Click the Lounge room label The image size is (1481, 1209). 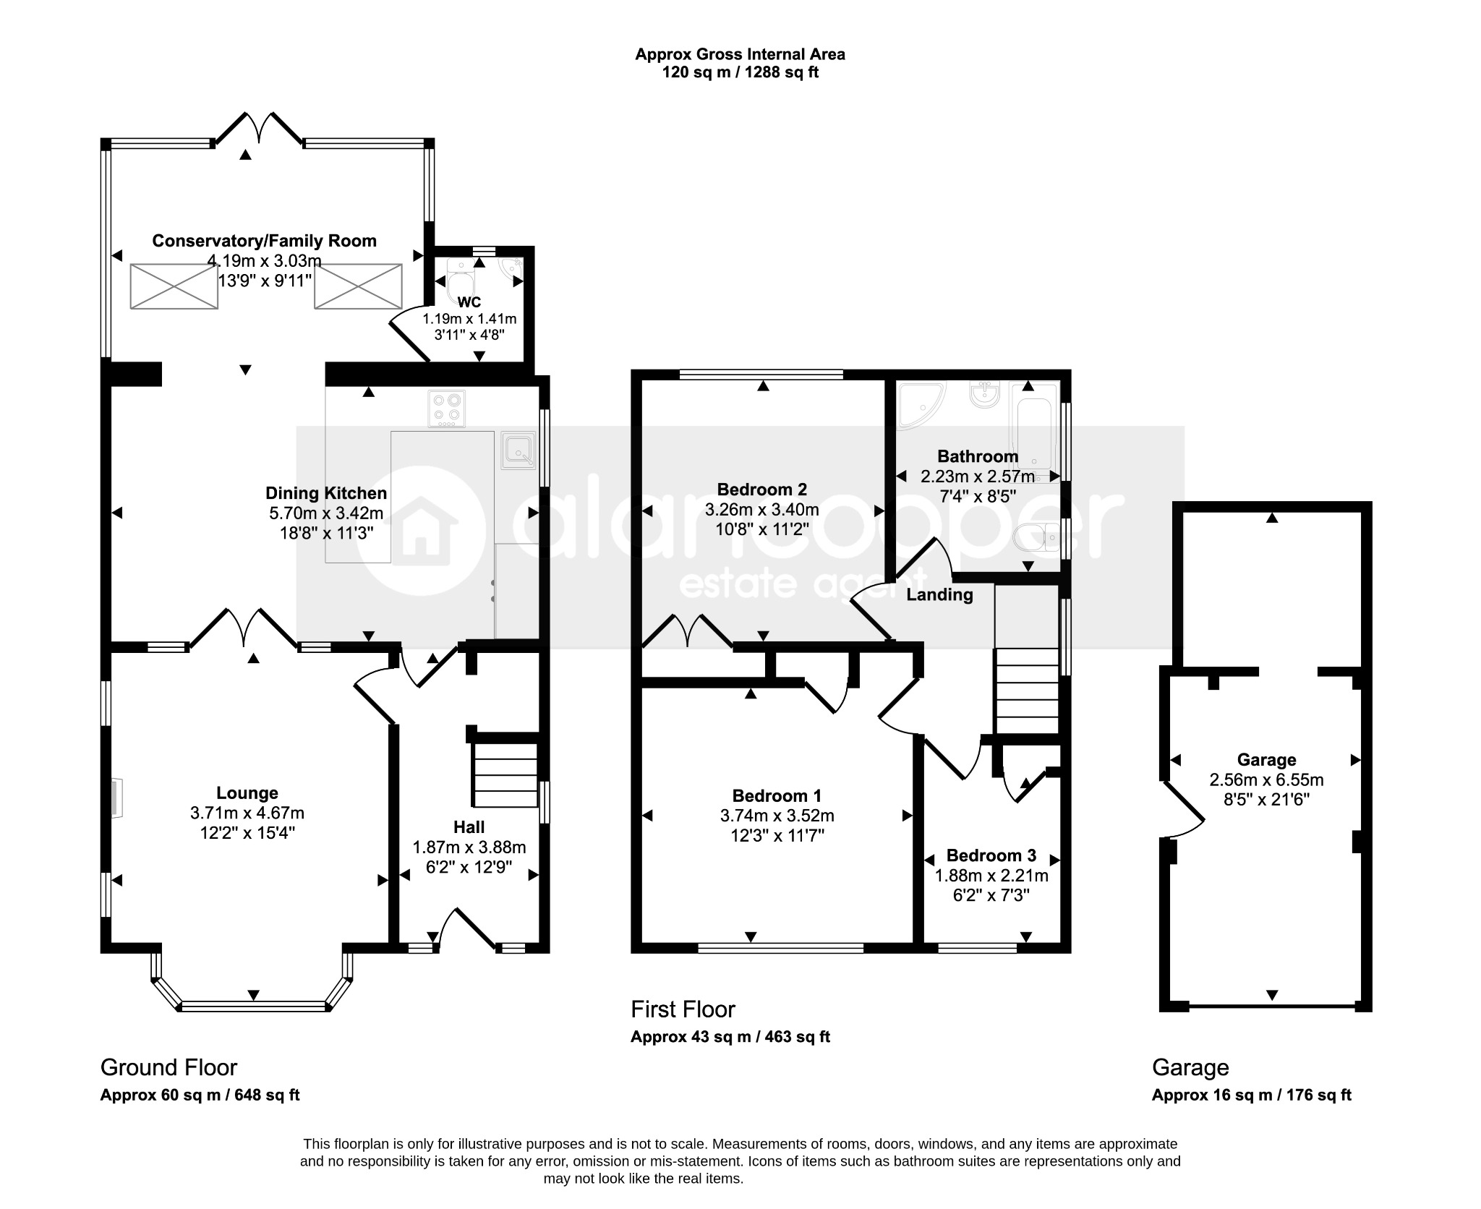tap(247, 793)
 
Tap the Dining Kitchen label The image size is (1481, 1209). tap(326, 493)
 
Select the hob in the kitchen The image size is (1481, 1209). tap(447, 409)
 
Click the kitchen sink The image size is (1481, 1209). tap(518, 449)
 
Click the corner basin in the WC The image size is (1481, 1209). tap(514, 268)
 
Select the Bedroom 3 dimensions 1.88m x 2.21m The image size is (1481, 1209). tap(991, 876)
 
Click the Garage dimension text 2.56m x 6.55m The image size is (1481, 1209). tap(1266, 779)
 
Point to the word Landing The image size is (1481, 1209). tap(939, 595)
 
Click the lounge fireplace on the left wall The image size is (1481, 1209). tap(116, 798)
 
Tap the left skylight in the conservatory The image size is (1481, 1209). tap(174, 286)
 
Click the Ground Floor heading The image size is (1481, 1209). tap(168, 1067)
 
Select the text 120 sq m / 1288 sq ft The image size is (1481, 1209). tap(740, 72)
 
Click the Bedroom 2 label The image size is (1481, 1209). tap(761, 490)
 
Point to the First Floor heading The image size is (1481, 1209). tap(683, 1009)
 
